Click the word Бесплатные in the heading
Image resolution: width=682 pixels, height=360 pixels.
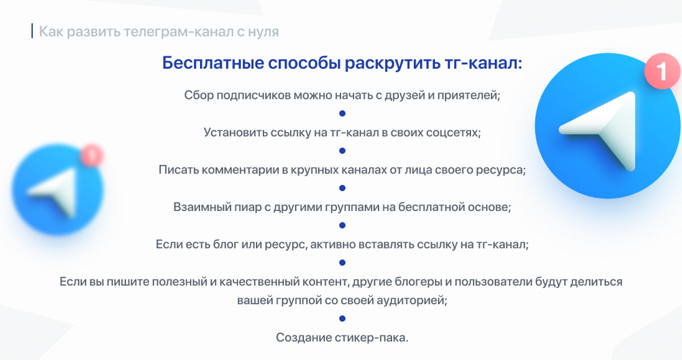(212, 63)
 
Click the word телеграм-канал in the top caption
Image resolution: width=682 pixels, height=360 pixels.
(179, 32)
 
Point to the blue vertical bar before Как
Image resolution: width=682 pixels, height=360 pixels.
(32, 31)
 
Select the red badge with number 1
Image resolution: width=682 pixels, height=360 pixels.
(662, 71)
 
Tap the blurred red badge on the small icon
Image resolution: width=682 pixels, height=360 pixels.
(91, 155)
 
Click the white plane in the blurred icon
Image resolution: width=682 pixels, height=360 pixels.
(55, 192)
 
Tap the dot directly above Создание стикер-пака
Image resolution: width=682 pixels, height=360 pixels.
(342, 318)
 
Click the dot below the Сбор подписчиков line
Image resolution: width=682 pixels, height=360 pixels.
(342, 114)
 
